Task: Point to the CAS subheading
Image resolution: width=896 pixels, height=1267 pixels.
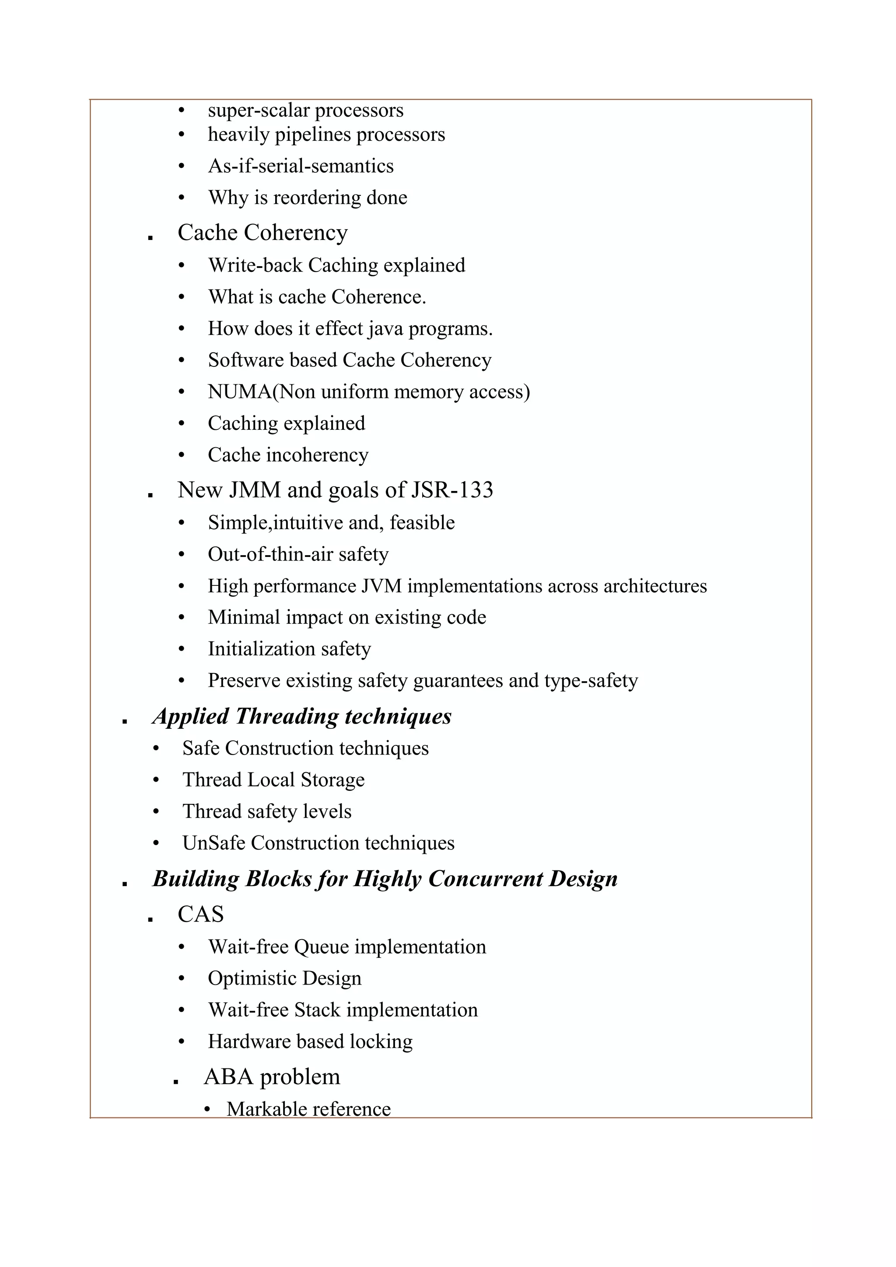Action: point(200,914)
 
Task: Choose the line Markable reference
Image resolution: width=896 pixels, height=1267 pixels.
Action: point(308,1109)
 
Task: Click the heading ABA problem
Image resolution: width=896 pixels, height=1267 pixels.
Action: point(272,1077)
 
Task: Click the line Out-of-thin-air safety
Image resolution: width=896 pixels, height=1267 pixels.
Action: point(298,554)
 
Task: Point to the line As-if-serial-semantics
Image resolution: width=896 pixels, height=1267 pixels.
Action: point(301,166)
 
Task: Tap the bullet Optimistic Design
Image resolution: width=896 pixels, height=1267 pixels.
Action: point(284,978)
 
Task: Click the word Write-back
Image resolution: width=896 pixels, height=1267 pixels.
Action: point(255,265)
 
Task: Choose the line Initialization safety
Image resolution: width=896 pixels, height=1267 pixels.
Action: point(289,649)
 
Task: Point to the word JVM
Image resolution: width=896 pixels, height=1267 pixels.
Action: point(381,586)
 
